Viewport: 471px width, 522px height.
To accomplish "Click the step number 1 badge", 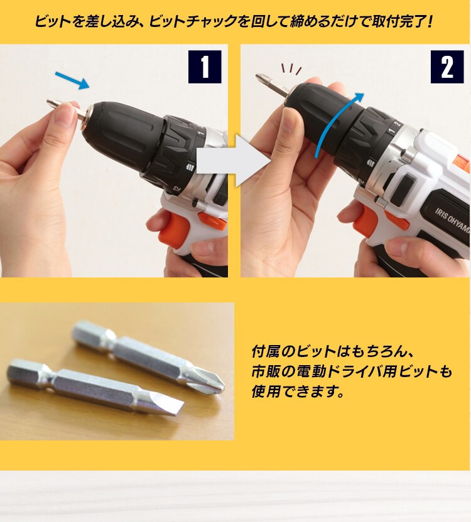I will click(x=205, y=67).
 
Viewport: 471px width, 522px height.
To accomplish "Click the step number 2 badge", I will click(x=447, y=67).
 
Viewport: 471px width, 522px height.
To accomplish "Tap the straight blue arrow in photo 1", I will click(x=72, y=80).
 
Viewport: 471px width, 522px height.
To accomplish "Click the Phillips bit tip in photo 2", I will click(x=259, y=78).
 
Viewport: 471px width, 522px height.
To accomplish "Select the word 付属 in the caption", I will click(x=261, y=350).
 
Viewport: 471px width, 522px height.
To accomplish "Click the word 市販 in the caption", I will click(x=261, y=371).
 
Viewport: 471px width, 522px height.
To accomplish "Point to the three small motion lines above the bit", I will click(x=291, y=68).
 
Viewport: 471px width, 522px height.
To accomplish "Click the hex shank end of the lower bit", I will click(x=22, y=370).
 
